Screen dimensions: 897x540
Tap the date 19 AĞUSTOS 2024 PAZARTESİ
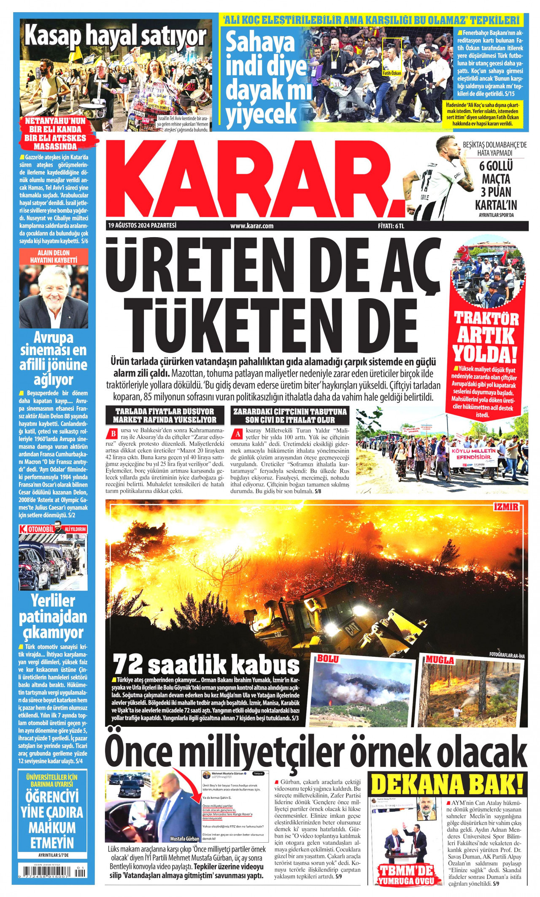142,225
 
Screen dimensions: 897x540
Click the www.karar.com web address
252,226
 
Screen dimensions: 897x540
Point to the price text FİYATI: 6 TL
391,226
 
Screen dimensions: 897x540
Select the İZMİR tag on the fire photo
506,507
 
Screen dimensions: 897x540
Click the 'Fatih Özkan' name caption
391,73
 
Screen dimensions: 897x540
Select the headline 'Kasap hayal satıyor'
115,37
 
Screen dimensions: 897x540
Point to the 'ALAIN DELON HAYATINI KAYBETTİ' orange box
54,256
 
